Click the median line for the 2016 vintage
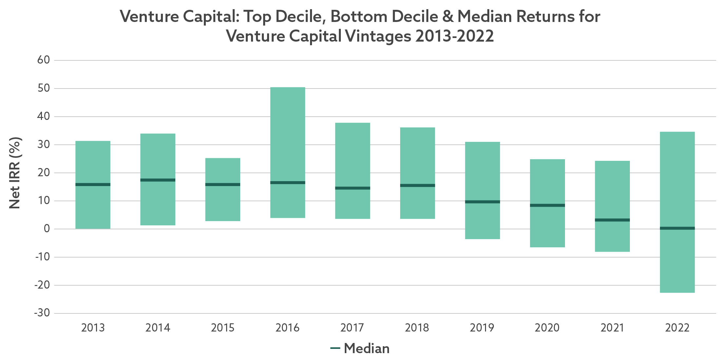[x=287, y=182]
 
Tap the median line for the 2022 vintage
[x=677, y=228]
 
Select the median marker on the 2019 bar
[x=482, y=202]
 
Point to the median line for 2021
[x=612, y=220]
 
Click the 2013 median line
[x=93, y=184]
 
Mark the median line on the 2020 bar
[x=547, y=205]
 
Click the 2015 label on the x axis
[x=223, y=328]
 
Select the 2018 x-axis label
[x=417, y=328]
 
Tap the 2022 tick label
[x=677, y=328]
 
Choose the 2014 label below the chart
[x=158, y=328]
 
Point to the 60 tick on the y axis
[x=43, y=60]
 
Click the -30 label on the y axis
[x=42, y=313]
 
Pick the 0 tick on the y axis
[x=47, y=229]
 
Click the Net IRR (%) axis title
[x=15, y=173]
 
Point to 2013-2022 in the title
[x=454, y=36]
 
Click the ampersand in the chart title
[x=447, y=16]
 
